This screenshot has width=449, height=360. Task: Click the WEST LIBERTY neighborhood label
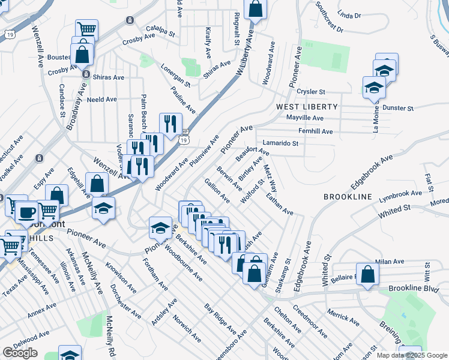point(307,106)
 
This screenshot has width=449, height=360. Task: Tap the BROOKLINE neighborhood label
point(348,197)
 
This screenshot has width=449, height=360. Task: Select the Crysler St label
point(311,92)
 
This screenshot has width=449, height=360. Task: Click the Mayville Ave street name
point(305,118)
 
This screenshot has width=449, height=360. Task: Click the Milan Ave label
point(387,262)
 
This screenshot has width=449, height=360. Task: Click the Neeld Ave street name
point(101,100)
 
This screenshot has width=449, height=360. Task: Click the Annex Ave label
point(42,309)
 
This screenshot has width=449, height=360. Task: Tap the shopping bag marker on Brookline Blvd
point(368,273)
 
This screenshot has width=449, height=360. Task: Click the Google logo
point(20,353)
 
